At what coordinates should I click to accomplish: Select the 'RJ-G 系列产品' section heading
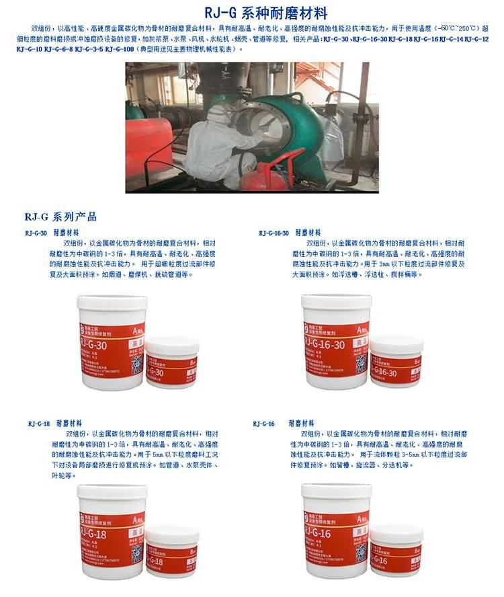tap(60, 217)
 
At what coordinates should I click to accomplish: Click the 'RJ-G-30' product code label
tap(36, 233)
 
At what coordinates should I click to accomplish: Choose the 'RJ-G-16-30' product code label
tap(274, 233)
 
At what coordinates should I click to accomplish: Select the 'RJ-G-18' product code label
tap(39, 424)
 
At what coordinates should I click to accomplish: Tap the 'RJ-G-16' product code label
tap(264, 424)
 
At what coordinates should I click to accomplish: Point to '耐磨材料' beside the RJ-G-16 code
tap(302, 424)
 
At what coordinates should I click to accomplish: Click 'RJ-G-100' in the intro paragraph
tap(119, 50)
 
